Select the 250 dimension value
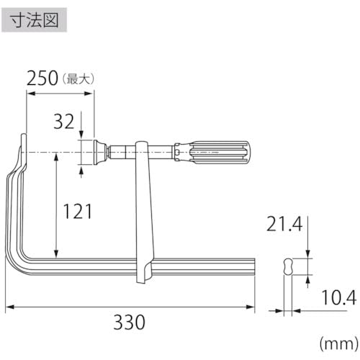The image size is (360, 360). point(42,78)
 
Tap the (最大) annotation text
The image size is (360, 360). point(80,78)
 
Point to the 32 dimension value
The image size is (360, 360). point(63,122)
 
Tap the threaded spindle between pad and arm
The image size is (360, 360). point(122,153)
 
